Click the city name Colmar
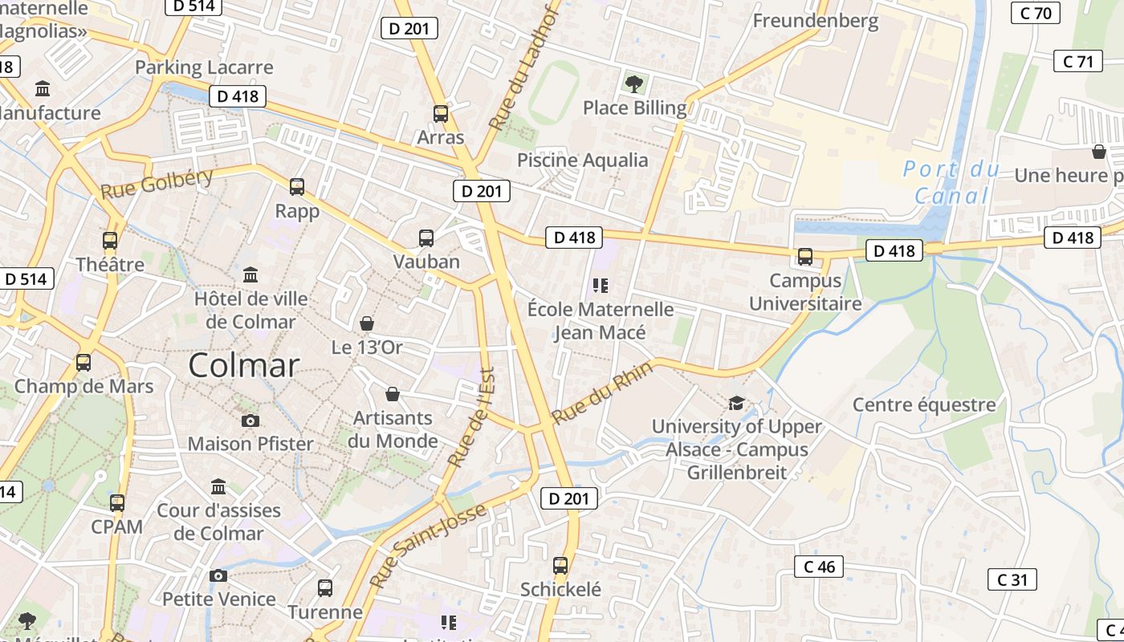click(243, 366)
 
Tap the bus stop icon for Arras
click(440, 113)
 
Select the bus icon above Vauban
click(426, 238)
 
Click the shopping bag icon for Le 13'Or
click(367, 323)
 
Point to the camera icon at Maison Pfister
click(250, 421)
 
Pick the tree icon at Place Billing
click(634, 83)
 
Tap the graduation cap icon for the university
click(736, 403)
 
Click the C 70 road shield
click(1036, 13)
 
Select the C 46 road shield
click(819, 567)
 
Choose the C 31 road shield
click(1012, 579)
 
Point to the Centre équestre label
click(924, 404)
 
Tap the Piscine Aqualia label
click(582, 160)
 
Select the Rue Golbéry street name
click(157, 185)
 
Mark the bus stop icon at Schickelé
click(560, 565)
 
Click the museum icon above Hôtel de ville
click(250, 274)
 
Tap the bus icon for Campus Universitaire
click(804, 257)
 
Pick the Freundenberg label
click(815, 21)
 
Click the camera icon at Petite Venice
click(218, 575)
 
